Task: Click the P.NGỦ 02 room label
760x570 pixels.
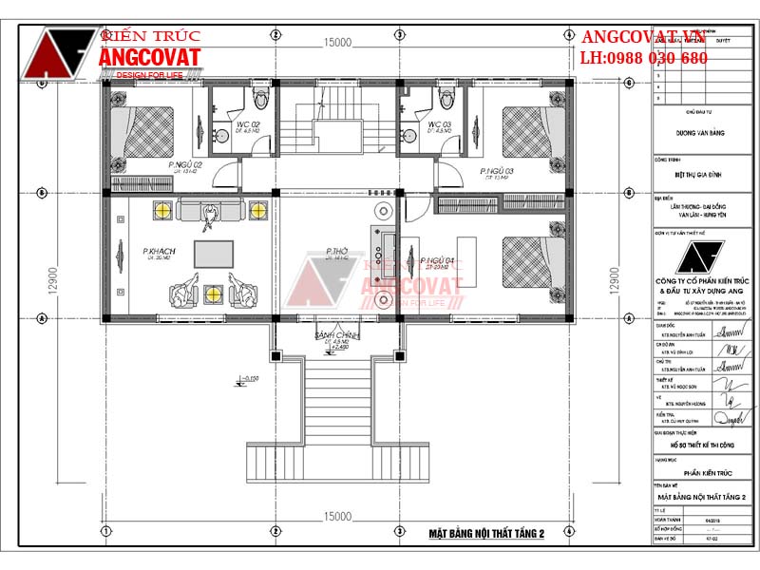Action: click(x=185, y=166)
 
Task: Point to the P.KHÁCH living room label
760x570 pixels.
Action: click(x=157, y=252)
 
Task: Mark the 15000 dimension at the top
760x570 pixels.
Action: click(x=337, y=43)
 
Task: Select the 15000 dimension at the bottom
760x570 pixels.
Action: click(x=337, y=516)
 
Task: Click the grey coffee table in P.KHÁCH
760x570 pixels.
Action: click(x=214, y=254)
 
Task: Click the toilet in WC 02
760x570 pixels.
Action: click(x=262, y=98)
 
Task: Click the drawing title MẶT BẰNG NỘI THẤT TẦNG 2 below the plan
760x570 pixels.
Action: click(x=484, y=536)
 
